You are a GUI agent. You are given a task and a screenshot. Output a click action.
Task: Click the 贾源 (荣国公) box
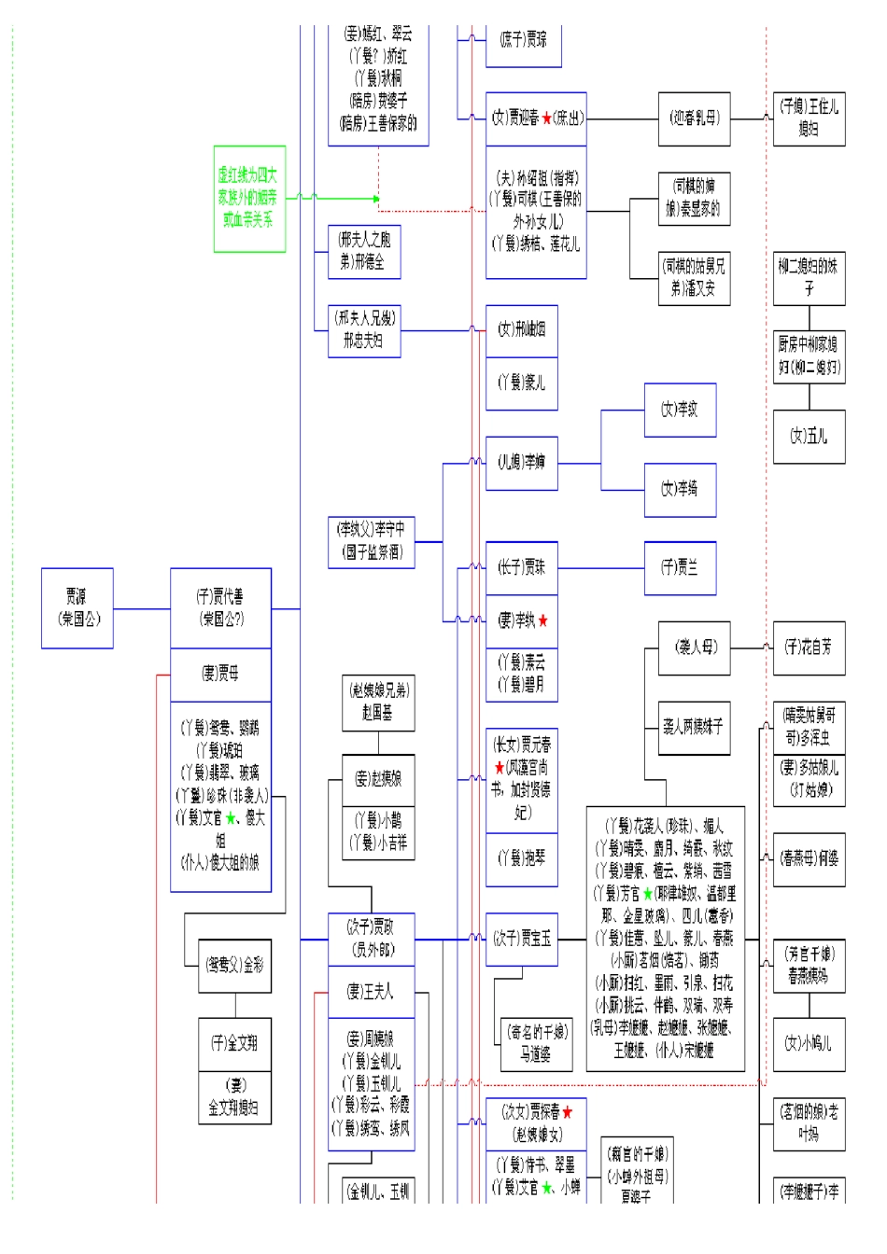click(77, 607)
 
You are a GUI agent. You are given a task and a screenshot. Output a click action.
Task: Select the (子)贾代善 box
click(220, 607)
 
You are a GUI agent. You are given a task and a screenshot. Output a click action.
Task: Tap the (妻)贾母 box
click(220, 675)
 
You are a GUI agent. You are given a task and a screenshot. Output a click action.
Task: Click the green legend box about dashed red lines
click(249, 198)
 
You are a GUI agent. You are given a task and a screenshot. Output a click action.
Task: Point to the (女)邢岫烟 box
click(521, 330)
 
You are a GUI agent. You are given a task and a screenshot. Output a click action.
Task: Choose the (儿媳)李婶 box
click(521, 463)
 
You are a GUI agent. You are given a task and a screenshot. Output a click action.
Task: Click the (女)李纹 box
click(680, 410)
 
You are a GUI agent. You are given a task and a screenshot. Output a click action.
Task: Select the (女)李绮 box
click(680, 489)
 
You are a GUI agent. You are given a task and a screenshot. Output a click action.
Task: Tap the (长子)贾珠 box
click(521, 567)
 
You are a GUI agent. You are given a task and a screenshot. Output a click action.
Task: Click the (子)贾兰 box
click(680, 567)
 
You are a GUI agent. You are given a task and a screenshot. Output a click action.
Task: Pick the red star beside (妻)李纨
click(543, 621)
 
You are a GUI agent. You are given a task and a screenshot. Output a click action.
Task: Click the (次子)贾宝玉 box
click(521, 939)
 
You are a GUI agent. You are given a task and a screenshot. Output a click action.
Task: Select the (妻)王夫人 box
click(371, 992)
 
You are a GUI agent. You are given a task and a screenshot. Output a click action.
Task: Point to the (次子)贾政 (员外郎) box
click(371, 939)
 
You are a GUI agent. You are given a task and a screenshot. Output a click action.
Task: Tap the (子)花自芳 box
click(809, 648)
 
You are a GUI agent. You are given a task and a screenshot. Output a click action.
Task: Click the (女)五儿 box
click(809, 436)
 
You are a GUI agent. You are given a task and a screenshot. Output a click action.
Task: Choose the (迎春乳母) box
click(694, 118)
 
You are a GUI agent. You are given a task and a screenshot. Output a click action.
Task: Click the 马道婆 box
click(536, 1043)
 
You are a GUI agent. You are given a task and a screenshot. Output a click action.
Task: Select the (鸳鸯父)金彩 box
click(234, 966)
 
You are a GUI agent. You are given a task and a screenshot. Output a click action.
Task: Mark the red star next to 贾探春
click(567, 1112)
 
